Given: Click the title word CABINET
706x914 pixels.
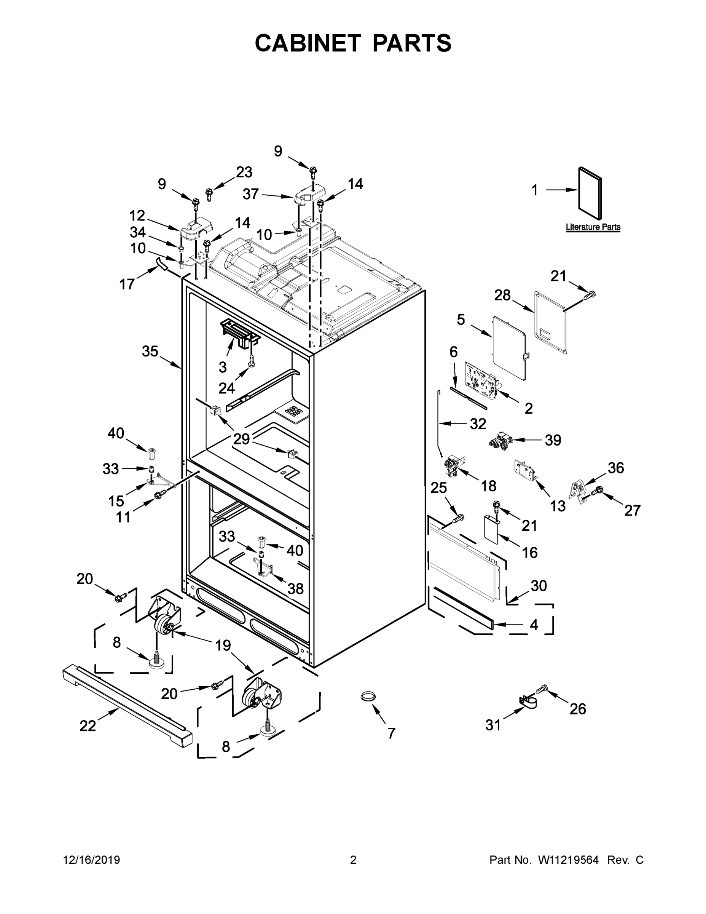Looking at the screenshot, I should tap(308, 43).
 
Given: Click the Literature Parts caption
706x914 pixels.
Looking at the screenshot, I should tap(593, 227).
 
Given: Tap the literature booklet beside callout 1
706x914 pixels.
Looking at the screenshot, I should tap(591, 193).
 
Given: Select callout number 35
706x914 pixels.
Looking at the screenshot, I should tap(150, 351).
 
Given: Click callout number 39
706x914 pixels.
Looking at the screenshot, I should tap(553, 440).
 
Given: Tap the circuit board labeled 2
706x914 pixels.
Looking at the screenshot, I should tap(481, 380).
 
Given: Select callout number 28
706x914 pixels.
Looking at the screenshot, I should tap(502, 295).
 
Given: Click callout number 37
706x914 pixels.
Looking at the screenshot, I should tap(250, 194).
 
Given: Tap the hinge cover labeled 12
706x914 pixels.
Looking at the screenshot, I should tap(196, 230).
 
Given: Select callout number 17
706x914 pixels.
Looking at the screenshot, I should tap(127, 284).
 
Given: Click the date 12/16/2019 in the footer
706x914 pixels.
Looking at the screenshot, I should tap(92, 860).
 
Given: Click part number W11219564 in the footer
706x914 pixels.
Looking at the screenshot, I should tap(568, 860).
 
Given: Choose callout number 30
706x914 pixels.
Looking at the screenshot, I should tap(538, 585).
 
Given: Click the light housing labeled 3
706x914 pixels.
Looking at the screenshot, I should tap(240, 334).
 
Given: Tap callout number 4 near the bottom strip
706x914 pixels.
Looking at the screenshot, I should tap(534, 625).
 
